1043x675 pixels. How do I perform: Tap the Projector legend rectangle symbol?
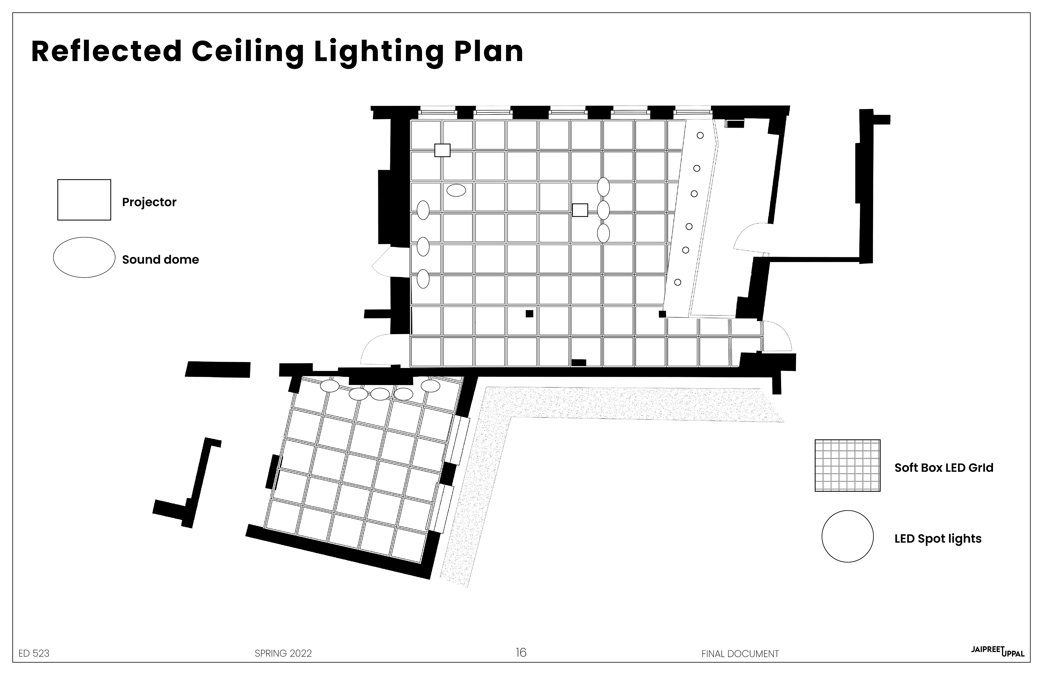pyautogui.click(x=84, y=200)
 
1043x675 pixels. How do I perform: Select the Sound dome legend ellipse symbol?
pyautogui.click(x=84, y=257)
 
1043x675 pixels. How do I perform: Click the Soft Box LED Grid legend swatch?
pyautogui.click(x=847, y=466)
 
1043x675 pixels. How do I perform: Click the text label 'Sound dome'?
pyautogui.click(x=161, y=259)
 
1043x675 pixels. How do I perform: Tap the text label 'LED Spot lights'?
pyautogui.click(x=938, y=539)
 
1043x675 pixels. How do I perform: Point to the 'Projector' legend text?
pyautogui.click(x=149, y=202)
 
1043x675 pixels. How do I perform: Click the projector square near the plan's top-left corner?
pyautogui.click(x=442, y=150)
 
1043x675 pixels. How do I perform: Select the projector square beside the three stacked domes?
pyautogui.click(x=580, y=210)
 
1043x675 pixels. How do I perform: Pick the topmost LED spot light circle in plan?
pyautogui.click(x=700, y=136)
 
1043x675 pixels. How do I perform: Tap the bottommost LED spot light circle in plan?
pyautogui.click(x=677, y=282)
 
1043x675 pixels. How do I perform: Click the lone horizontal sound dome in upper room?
pyautogui.click(x=456, y=190)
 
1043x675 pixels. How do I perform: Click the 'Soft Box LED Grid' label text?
pyautogui.click(x=944, y=468)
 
